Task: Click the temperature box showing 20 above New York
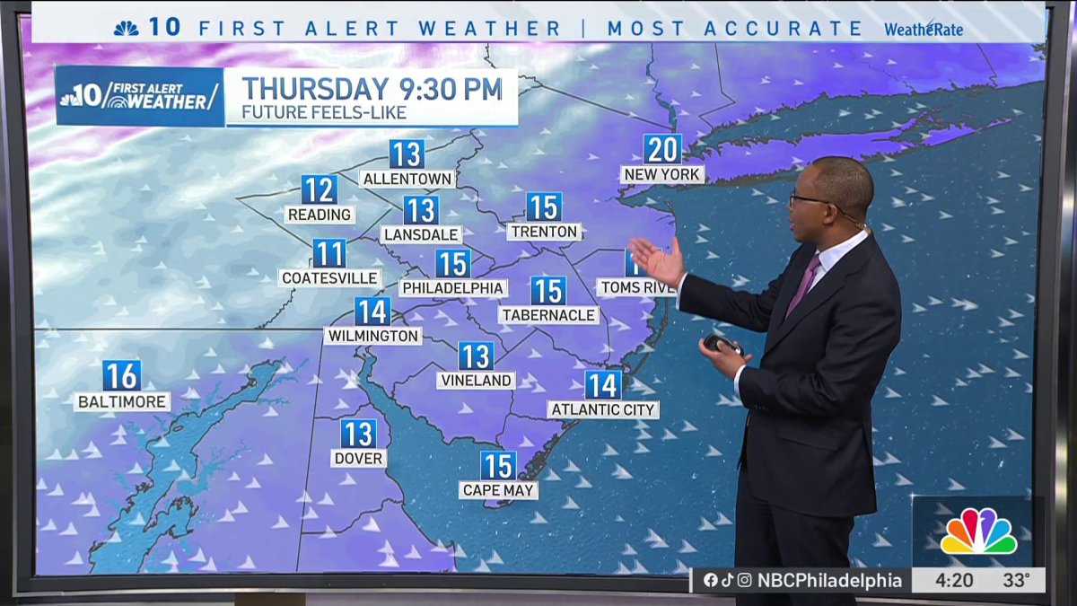662,149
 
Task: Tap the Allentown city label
407,179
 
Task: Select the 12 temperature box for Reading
319,190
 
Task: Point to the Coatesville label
330,278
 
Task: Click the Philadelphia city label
453,288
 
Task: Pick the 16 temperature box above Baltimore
121,375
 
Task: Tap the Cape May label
498,490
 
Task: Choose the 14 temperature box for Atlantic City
603,385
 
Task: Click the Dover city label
358,459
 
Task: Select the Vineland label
476,381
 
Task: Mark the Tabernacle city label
548,315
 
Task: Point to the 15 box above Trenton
544,207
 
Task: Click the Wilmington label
372,336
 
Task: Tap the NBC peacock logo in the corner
977,531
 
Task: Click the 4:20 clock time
953,581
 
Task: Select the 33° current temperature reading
1016,581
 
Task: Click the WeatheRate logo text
924,29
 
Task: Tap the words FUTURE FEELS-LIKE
324,113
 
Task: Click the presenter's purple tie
802,285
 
